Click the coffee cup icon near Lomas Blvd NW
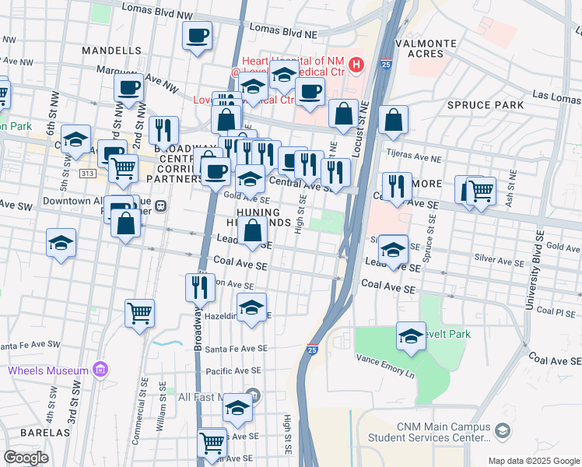pos(197,36)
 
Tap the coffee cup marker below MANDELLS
pos(129,89)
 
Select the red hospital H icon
pos(356,64)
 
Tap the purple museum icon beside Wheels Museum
pos(100,369)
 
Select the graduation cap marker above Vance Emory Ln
pos(411,336)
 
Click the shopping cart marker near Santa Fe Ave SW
pos(140,314)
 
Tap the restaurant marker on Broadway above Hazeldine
pos(200,286)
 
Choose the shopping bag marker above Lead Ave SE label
pos(253,231)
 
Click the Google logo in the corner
pos(26,458)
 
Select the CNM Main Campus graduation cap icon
pos(503,430)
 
